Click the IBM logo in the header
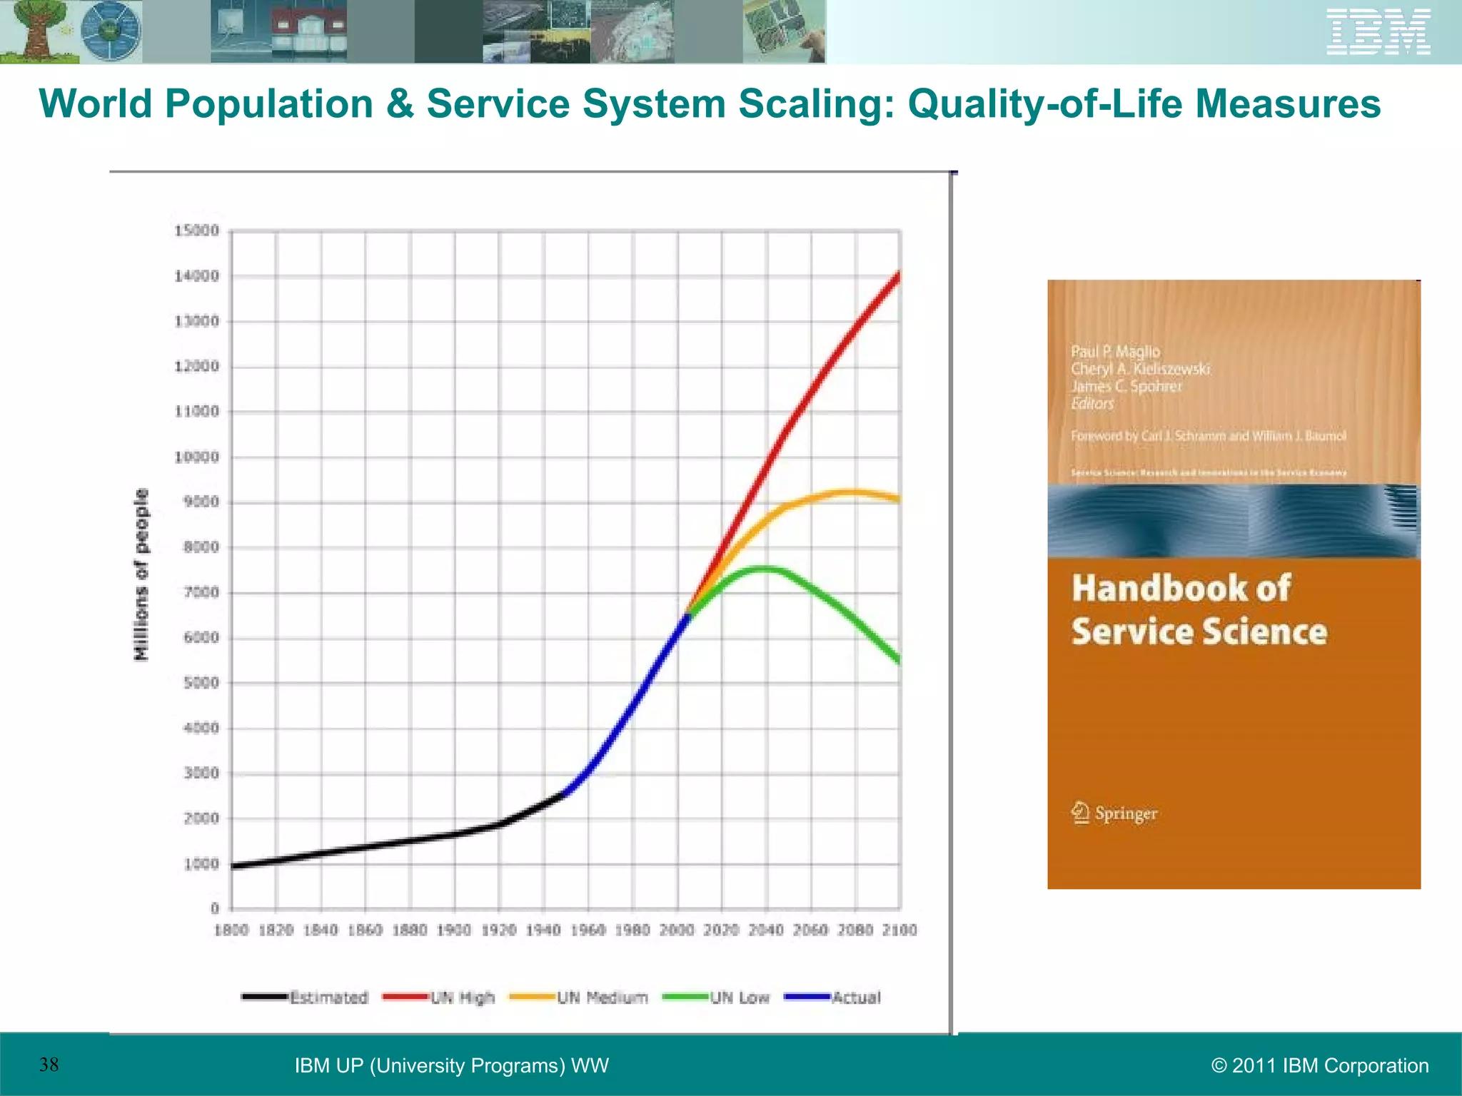1378,32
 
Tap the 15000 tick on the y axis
197,230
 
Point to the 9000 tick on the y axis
201,502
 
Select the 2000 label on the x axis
676,930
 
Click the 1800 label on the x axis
231,930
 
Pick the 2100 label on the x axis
899,930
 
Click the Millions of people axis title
141,574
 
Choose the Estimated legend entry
306,998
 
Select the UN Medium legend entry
579,998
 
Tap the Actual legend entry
833,998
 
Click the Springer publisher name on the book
1125,813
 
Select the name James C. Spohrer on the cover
1126,386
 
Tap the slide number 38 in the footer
49,1065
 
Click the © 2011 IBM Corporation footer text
1319,1065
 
